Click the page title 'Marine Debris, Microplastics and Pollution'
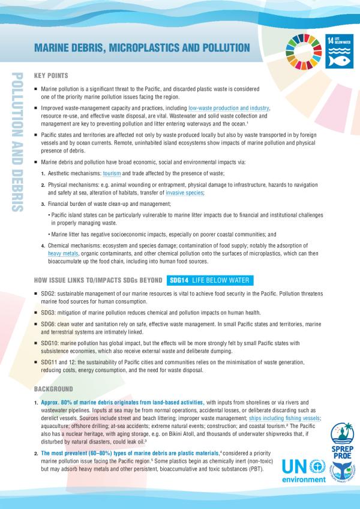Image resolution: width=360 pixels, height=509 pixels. pos(141,47)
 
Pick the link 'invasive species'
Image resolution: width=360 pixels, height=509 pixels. pos(184,193)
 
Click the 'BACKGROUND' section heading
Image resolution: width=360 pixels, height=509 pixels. pos(54,390)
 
